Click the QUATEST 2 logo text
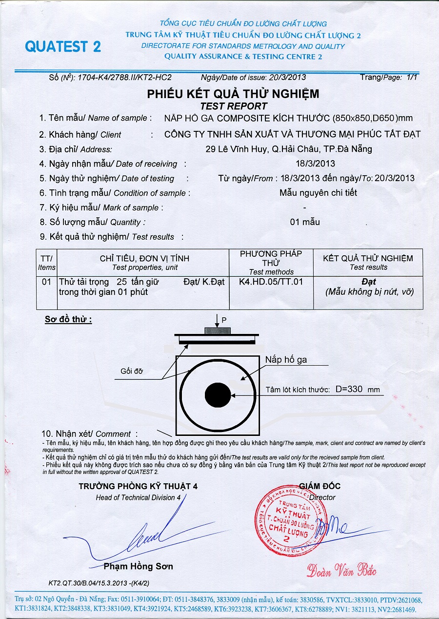(63, 47)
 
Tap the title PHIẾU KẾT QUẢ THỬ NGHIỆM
(233, 94)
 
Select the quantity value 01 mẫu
(305, 222)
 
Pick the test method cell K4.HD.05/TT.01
(271, 282)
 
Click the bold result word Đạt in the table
(369, 282)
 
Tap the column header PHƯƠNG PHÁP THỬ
(271, 258)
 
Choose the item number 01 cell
(46, 282)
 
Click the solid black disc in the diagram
(218, 394)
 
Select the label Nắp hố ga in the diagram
(286, 360)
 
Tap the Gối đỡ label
(132, 371)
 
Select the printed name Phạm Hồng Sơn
(138, 566)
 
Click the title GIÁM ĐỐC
(319, 486)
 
